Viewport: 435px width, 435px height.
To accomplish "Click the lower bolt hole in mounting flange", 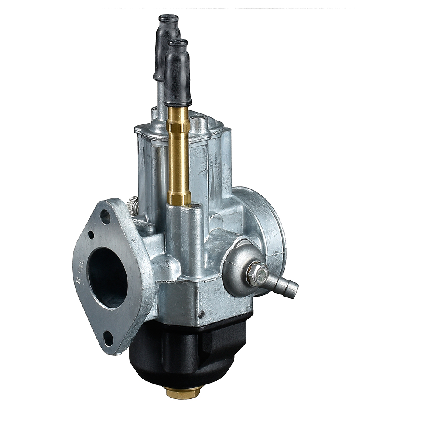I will (x=108, y=338).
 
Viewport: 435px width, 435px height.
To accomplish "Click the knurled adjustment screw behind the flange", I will (x=134, y=206).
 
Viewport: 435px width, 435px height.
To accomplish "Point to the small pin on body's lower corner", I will (x=202, y=314).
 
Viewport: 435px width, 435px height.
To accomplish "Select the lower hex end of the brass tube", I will (x=178, y=198).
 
